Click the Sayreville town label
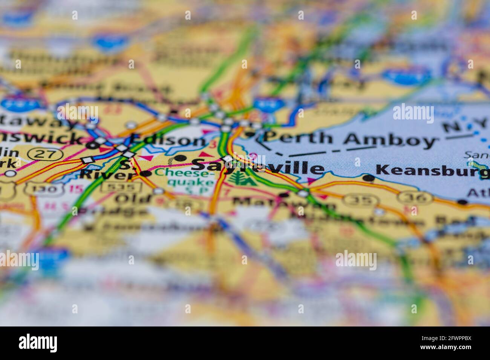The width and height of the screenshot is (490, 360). click(x=258, y=166)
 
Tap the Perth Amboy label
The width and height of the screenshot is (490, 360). click(x=349, y=139)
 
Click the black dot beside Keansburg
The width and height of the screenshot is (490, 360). click(x=369, y=177)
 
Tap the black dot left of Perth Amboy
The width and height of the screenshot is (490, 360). click(x=251, y=134)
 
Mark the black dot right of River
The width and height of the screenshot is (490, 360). click(x=146, y=174)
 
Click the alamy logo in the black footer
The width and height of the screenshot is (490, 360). click(x=38, y=343)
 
